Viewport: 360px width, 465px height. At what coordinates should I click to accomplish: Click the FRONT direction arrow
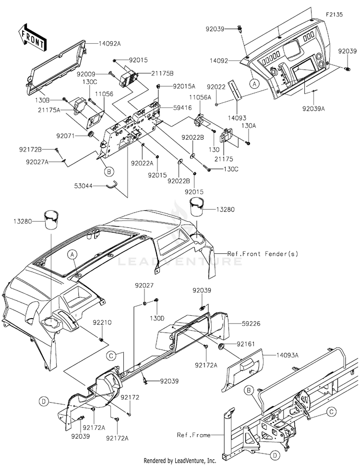32,37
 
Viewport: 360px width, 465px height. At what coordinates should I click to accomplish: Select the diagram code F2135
334,14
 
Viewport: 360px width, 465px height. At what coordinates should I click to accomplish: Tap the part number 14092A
110,44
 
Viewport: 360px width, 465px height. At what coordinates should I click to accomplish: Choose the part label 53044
84,186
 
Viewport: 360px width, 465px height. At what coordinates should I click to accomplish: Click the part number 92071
66,136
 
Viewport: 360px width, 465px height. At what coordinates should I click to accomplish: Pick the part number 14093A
288,355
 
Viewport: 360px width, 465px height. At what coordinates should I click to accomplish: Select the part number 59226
251,323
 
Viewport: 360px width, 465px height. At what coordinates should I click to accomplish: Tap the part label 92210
102,322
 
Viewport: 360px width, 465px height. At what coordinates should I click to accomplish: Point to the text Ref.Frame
193,435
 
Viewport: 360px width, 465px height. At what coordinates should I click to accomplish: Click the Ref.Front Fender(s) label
263,254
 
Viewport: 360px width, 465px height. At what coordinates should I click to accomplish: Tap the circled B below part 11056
109,171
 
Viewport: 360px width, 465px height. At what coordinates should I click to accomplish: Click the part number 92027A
37,162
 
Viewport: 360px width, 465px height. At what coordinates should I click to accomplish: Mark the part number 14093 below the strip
237,118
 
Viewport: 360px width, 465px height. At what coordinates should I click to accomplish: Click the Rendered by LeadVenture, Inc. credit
180,461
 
